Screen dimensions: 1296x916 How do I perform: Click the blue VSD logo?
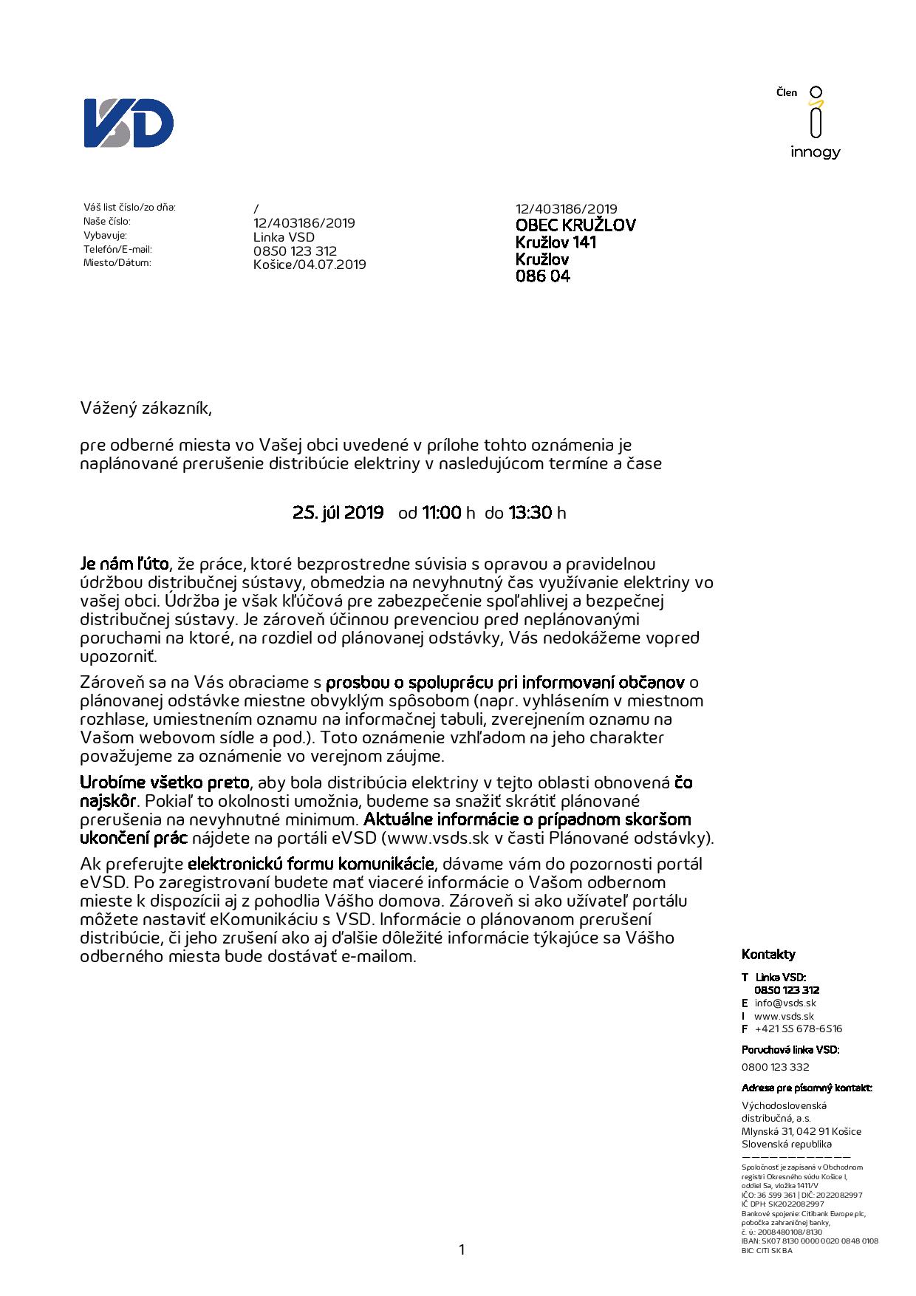pyautogui.click(x=129, y=123)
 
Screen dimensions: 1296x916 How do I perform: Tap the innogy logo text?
pyautogui.click(x=815, y=152)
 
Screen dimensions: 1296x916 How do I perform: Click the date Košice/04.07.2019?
pyautogui.click(x=309, y=265)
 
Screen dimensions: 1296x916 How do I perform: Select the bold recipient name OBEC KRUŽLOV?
pyautogui.click(x=575, y=225)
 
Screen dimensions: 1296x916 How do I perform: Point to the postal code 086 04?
pyautogui.click(x=542, y=277)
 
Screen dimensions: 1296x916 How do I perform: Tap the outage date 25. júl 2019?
pyautogui.click(x=338, y=513)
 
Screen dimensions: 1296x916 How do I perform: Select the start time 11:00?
pyautogui.click(x=441, y=513)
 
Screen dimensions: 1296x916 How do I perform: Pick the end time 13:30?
pyautogui.click(x=530, y=513)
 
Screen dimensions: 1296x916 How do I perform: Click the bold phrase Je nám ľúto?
pyautogui.click(x=124, y=565)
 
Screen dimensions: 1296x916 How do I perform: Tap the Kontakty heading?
pyautogui.click(x=768, y=954)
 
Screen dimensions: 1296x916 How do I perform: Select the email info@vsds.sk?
pyautogui.click(x=785, y=1003)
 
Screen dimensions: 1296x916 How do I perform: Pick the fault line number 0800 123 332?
pyautogui.click(x=775, y=1067)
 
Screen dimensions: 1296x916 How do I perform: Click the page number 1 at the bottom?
pyautogui.click(x=462, y=1249)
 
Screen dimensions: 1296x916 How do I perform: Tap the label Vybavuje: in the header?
pyautogui.click(x=105, y=236)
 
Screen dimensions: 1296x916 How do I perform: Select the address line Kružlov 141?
pyautogui.click(x=556, y=242)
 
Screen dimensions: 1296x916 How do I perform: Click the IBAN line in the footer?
pyautogui.click(x=810, y=1241)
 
